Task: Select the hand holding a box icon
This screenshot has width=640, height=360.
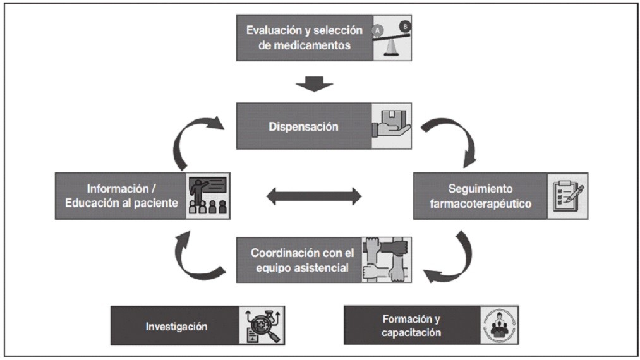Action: pyautogui.click(x=392, y=126)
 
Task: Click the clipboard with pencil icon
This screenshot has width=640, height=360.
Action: pyautogui.click(x=567, y=196)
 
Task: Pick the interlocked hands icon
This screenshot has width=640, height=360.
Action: pyautogui.click(x=386, y=259)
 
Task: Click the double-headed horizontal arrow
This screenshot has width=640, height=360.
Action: pyautogui.click(x=314, y=196)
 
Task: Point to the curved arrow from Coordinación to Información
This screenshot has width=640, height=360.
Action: pyautogui.click(x=193, y=256)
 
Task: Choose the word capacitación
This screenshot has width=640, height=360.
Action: pyautogui.click(x=411, y=332)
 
